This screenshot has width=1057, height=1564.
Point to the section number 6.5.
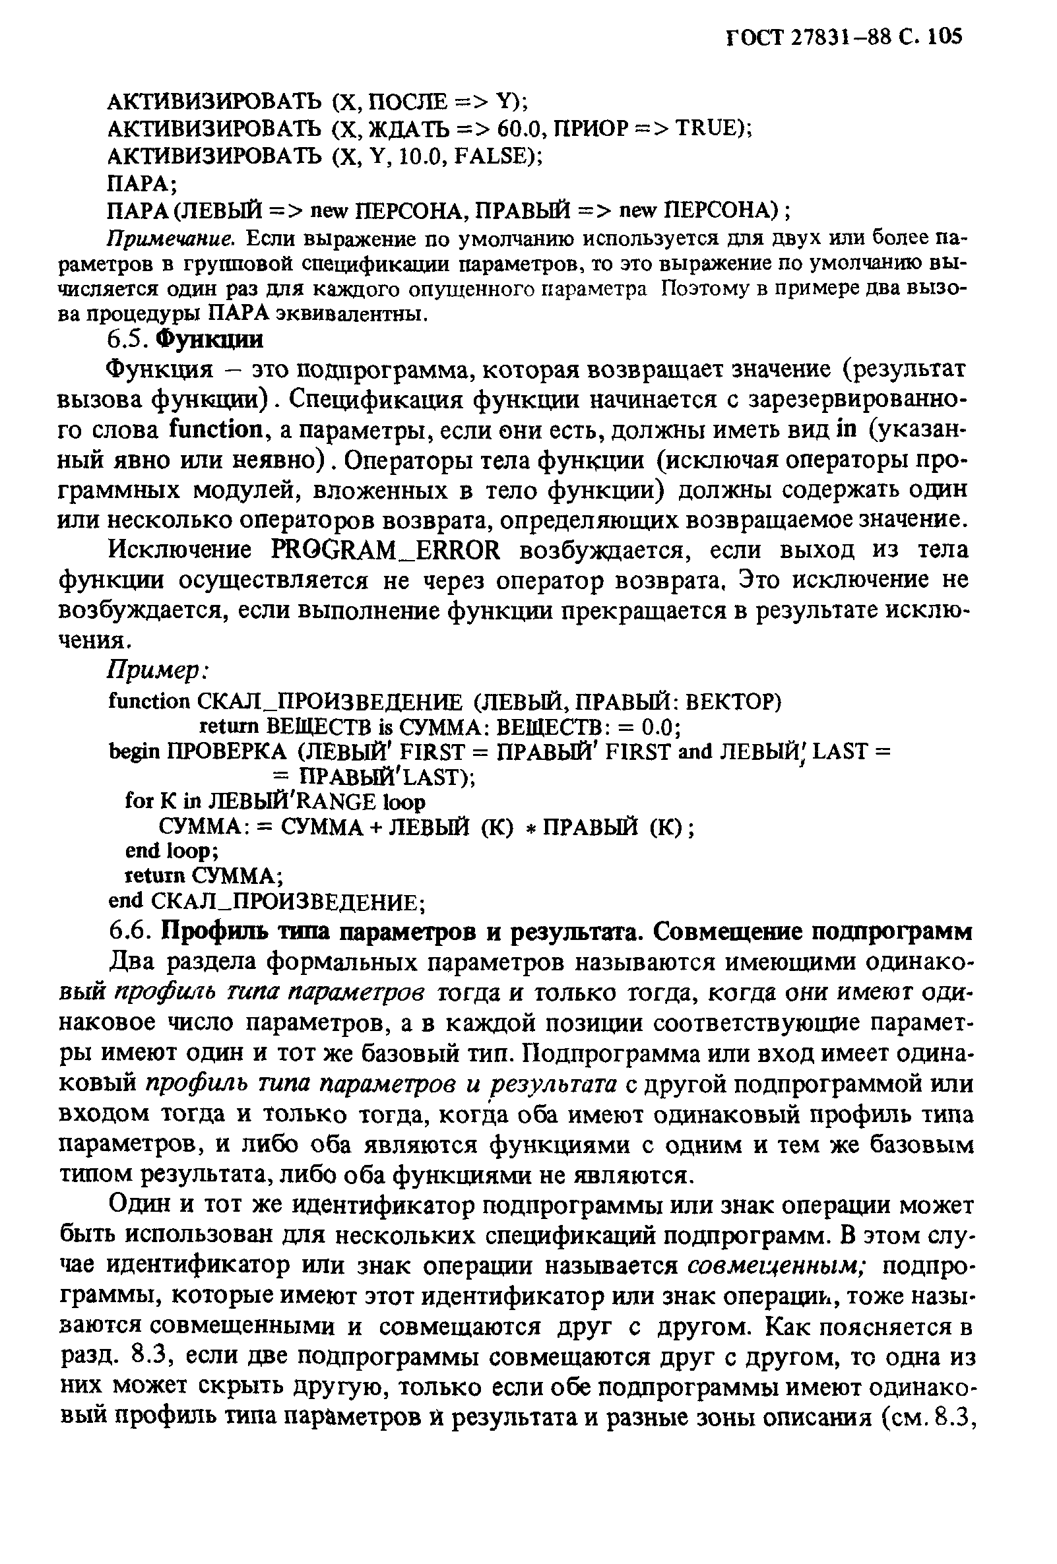(127, 340)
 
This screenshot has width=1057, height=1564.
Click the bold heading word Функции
(209, 340)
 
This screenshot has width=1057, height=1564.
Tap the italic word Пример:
(159, 670)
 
